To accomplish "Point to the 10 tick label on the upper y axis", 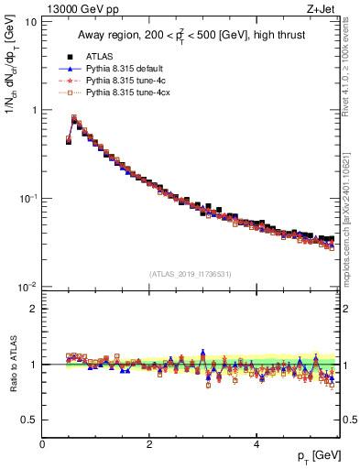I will (30, 21).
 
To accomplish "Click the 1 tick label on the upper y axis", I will (34, 110).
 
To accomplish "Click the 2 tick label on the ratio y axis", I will (34, 309).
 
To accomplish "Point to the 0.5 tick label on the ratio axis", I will (30, 420).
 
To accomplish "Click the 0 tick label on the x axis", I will (42, 444).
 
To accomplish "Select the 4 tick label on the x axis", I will (256, 444).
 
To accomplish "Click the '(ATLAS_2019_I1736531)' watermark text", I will (191, 273).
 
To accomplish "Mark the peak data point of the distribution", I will (74, 118).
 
